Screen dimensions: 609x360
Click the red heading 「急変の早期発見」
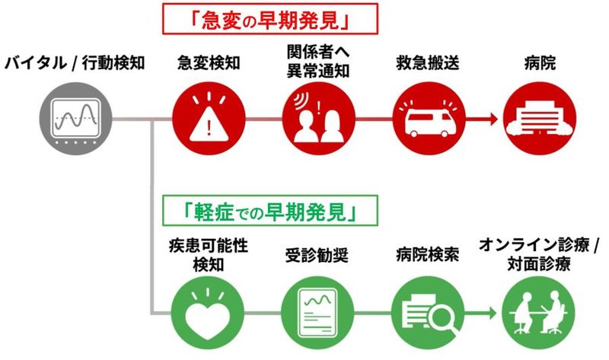(x=270, y=20)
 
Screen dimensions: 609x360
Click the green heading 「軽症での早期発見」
(x=270, y=211)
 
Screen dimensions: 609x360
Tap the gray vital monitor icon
(x=75, y=119)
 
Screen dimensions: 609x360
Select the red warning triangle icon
(x=209, y=119)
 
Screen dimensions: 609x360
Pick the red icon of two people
(x=318, y=119)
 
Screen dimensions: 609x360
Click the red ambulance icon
(x=429, y=119)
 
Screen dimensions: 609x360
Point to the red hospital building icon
(x=540, y=119)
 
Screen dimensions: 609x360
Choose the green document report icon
(x=317, y=313)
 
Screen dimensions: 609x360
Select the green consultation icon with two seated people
(x=538, y=313)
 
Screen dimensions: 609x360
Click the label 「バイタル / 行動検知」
(x=75, y=62)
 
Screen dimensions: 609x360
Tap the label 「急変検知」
(x=209, y=62)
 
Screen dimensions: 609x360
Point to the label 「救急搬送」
(x=428, y=62)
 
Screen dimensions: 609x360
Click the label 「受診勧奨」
(x=317, y=256)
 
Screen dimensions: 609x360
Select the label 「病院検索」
(x=428, y=255)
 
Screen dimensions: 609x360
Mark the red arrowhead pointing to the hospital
(x=494, y=119)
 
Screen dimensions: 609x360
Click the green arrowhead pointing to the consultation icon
(x=493, y=313)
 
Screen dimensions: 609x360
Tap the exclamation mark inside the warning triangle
(x=209, y=127)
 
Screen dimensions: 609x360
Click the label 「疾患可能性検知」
(x=209, y=255)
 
